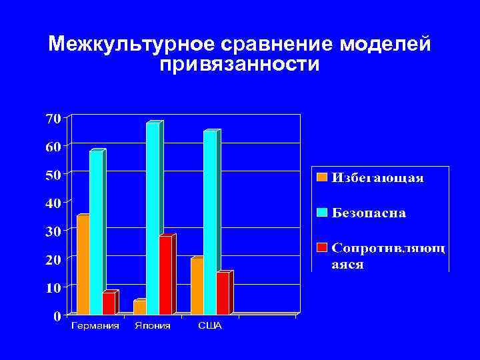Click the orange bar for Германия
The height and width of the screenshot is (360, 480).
(83, 265)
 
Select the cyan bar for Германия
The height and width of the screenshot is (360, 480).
(96, 233)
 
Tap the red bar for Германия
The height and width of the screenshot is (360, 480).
(108, 303)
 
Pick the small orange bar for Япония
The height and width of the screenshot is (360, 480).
(139, 307)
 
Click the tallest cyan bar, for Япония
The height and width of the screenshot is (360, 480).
(153, 218)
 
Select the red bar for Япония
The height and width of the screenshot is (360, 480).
(165, 275)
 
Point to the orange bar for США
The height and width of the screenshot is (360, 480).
(197, 286)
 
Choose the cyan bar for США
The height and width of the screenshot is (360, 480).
(210, 222)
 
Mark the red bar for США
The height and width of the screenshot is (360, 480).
(222, 293)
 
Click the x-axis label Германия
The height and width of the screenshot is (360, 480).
(95, 326)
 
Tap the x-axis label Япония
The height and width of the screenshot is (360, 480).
(152, 326)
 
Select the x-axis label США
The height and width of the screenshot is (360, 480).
(209, 326)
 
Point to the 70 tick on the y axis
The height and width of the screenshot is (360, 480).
(53, 118)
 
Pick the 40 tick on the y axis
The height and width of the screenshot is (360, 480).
(53, 203)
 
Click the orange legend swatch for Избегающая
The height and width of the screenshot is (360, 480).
(323, 177)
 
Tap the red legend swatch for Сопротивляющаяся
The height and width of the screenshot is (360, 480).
(323, 248)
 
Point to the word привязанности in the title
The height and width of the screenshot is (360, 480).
(239, 65)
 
